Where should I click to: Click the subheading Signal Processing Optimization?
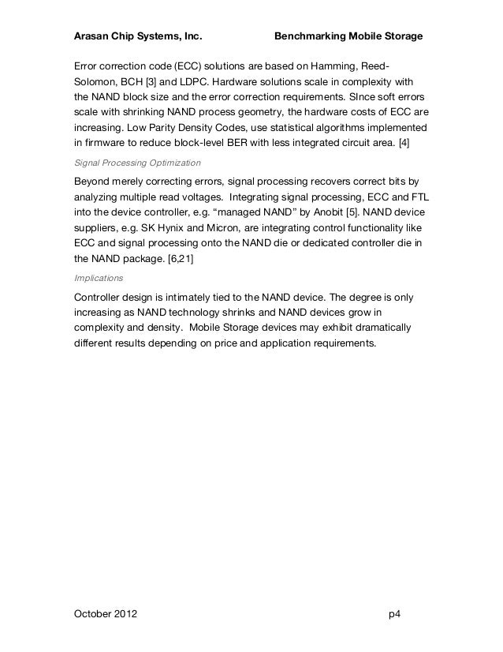tap(136, 163)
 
